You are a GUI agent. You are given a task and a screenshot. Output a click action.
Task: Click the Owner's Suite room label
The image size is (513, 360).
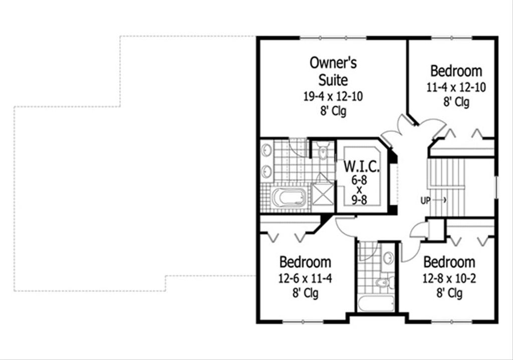333,71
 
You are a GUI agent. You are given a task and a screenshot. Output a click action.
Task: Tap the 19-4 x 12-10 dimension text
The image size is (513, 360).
333,96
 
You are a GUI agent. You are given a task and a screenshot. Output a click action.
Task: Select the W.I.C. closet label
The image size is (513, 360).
360,166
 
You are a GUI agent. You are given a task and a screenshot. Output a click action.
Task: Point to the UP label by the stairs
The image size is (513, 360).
425,201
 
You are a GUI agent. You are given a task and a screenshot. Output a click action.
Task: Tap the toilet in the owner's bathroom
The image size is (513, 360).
323,151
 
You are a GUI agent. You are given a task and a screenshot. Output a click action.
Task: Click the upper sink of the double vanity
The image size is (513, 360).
266,150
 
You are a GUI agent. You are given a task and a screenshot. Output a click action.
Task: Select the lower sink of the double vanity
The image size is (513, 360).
266,171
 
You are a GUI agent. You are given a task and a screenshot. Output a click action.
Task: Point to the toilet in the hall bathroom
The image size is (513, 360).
384,283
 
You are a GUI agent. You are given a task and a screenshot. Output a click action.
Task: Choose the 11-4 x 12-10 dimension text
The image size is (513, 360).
456,87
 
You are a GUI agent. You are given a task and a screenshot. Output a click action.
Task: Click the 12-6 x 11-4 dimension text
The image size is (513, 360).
305,278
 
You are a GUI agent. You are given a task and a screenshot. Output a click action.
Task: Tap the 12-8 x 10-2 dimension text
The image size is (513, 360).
449,278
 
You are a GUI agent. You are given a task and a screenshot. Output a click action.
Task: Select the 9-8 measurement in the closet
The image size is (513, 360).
360,200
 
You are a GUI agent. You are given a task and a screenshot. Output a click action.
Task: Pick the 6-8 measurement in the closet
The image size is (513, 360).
360,179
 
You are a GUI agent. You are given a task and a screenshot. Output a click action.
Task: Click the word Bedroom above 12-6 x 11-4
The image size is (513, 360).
305,262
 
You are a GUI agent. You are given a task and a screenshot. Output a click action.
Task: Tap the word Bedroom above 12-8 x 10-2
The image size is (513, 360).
449,262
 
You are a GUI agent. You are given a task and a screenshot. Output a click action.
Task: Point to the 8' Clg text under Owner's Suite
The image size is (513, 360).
333,111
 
